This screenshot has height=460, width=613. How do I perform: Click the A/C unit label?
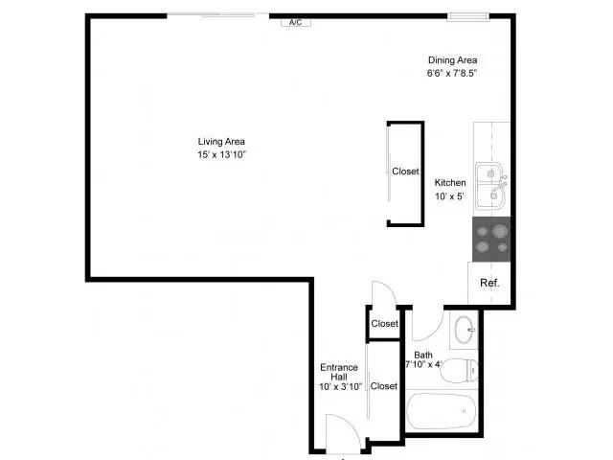coord(296,23)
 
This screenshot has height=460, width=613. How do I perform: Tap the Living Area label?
coord(221,142)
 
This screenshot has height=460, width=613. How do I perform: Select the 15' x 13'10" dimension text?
coord(221,154)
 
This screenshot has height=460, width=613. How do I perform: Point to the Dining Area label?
coord(452,60)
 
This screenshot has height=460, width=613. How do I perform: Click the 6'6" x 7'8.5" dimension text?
coord(452,73)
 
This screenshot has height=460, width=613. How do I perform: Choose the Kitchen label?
coord(450,183)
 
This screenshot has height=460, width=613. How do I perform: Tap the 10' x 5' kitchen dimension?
coord(449,195)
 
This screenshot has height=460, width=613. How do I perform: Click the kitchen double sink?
coord(491,185)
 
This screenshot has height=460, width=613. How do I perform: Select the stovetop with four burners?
coord(491,239)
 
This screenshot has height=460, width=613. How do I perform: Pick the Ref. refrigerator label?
coord(489,283)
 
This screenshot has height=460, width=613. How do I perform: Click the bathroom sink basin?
coord(465,330)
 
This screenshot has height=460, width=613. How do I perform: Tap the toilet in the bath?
coord(459,371)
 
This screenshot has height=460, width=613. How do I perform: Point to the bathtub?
coord(441,411)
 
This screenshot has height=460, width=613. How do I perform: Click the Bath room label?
coord(423,355)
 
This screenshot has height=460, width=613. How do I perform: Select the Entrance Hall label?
coord(339,372)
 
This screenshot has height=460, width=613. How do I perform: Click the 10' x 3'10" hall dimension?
coord(340,387)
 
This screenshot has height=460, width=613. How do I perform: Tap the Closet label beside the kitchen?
coord(405,172)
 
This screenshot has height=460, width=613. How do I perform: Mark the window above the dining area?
coord(468,16)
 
